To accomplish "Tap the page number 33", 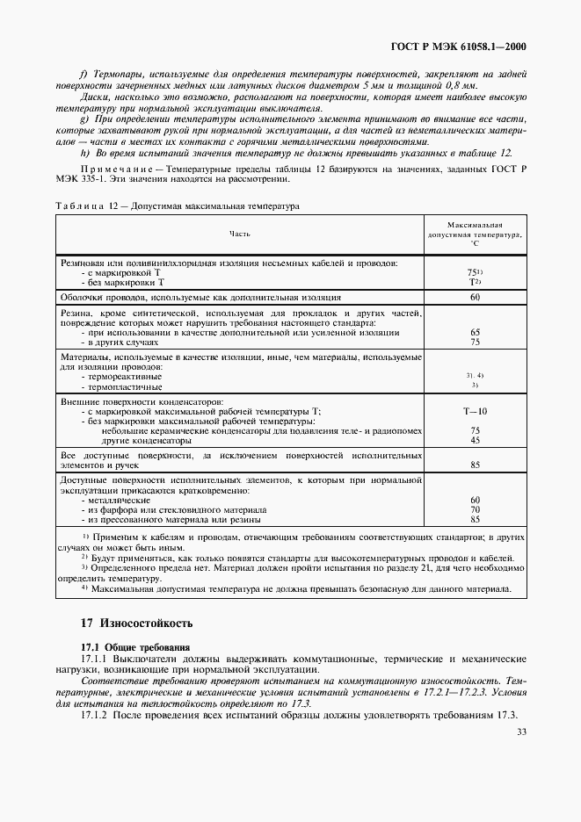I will tap(522, 732).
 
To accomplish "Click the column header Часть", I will tap(239, 234).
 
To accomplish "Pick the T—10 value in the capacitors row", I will tap(475, 411).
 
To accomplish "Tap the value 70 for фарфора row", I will tap(475, 509).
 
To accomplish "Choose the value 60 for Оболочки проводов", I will tap(475, 297).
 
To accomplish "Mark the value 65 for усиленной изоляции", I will tap(475, 333).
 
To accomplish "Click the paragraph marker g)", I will tap(84, 118).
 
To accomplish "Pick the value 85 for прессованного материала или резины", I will tap(475, 519).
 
